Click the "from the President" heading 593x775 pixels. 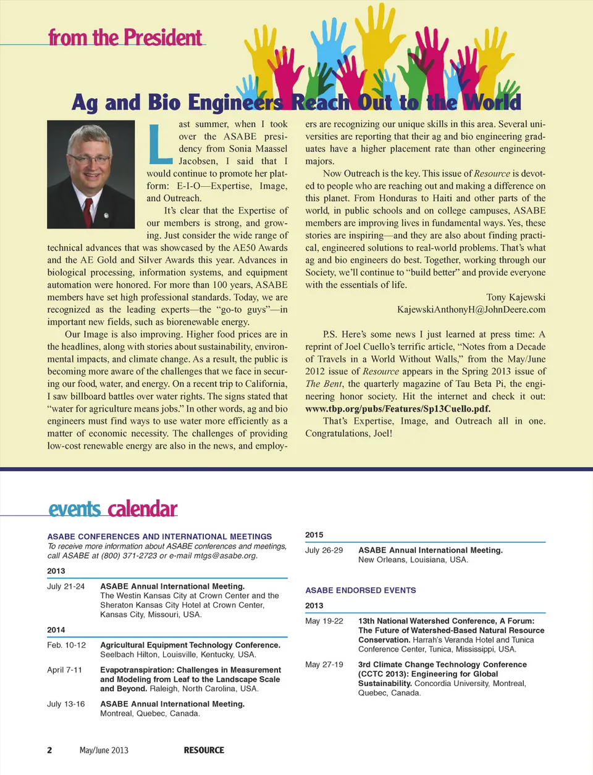(x=125, y=38)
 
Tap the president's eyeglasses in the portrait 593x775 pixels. (x=89, y=158)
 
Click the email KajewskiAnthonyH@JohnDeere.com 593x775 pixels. (x=471, y=309)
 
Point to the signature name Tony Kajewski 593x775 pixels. (x=515, y=297)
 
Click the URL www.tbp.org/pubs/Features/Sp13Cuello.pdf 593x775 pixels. (x=397, y=408)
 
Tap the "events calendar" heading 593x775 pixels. (x=112, y=509)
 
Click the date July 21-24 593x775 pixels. (x=65, y=586)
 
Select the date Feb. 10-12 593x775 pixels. (x=66, y=645)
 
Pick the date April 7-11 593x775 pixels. (x=64, y=669)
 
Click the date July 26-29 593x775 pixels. (x=324, y=550)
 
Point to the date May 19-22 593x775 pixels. (x=324, y=621)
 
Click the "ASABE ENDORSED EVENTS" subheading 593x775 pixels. (x=360, y=591)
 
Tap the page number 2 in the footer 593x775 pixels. (x=49, y=750)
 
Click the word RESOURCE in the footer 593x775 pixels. (x=204, y=750)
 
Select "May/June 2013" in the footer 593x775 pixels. (x=104, y=750)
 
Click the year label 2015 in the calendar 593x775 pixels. (x=314, y=535)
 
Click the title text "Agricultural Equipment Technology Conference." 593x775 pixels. (x=190, y=645)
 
